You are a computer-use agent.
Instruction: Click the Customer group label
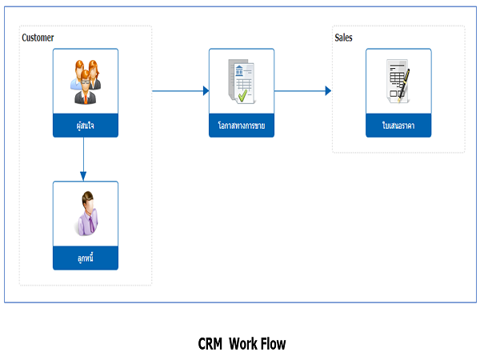click(38, 38)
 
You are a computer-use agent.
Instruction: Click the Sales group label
click(343, 38)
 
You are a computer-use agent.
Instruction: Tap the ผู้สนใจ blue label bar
click(86, 126)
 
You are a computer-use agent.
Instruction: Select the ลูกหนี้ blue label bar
click(86, 258)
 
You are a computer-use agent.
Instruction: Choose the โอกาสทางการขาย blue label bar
click(242, 126)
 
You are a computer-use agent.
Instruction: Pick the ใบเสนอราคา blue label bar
click(398, 126)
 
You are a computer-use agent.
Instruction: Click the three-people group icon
click(86, 82)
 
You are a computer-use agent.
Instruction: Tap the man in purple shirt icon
click(86, 214)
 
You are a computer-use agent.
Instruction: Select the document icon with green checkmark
click(242, 82)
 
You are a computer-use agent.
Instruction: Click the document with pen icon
click(398, 82)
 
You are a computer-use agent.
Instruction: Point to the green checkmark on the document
click(242, 96)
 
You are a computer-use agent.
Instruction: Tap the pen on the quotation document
click(404, 85)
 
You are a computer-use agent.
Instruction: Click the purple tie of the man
click(91, 224)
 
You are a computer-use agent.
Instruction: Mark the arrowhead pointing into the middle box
click(206, 91)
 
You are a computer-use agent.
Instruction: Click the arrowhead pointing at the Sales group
click(328, 91)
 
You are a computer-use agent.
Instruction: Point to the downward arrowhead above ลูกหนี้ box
click(83, 176)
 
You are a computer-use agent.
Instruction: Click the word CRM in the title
click(210, 344)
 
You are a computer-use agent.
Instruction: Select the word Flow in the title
click(270, 344)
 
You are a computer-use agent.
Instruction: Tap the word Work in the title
click(241, 344)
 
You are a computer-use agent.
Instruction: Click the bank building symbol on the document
click(239, 70)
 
